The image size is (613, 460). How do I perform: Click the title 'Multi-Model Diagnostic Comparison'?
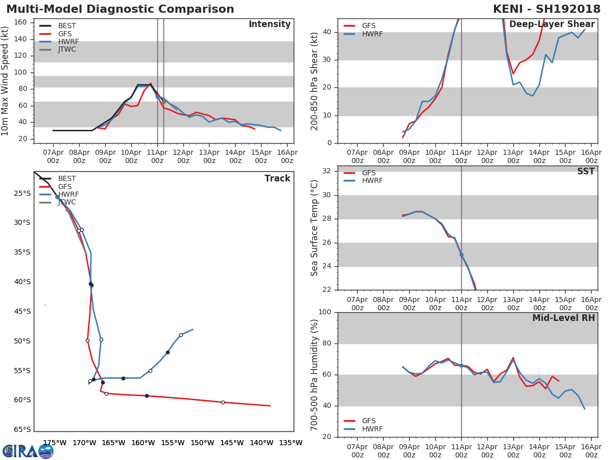[x=120, y=9]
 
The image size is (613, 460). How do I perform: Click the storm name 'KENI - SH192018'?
[x=547, y=9]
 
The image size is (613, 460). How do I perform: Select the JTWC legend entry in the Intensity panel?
[x=58, y=50]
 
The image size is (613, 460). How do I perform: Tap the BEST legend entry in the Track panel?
[x=58, y=178]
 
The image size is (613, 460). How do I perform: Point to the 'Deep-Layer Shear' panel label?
[x=552, y=25]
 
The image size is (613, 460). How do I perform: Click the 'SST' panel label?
[x=586, y=171]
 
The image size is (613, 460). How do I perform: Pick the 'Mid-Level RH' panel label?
[x=563, y=318]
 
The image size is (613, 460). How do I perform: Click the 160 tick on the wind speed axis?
[x=20, y=22]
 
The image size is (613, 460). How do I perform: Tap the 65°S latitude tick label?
[x=22, y=429]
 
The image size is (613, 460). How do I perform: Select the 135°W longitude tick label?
[x=291, y=443]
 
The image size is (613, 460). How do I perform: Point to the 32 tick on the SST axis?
[x=327, y=171]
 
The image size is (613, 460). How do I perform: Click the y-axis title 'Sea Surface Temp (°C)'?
[x=314, y=228]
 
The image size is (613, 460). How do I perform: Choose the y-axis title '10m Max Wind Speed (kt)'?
[x=5, y=81]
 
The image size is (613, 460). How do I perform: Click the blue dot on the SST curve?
[x=461, y=255]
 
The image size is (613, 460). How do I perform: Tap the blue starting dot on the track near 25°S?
[x=58, y=197]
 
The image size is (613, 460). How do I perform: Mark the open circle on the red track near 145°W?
[x=223, y=402]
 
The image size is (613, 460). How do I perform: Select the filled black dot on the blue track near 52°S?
[x=168, y=353]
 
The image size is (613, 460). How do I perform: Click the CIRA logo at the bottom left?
[x=28, y=452]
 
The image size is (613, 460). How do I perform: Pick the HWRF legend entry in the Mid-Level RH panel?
[x=363, y=429]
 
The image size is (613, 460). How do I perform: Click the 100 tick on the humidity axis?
[x=325, y=312]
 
